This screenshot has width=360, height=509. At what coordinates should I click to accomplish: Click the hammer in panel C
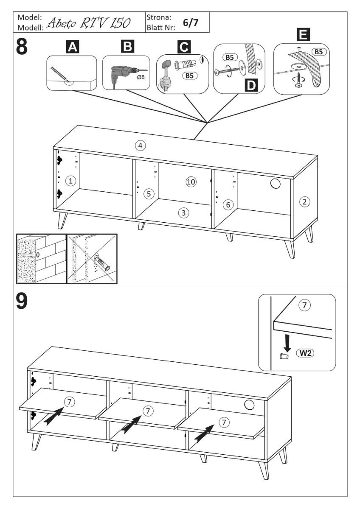click(165, 72)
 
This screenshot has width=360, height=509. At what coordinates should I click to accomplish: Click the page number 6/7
click(190, 23)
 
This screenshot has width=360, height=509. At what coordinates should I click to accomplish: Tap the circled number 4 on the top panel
click(140, 146)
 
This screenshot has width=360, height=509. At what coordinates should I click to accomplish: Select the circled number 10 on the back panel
click(191, 182)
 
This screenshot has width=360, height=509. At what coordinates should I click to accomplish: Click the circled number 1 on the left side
click(71, 182)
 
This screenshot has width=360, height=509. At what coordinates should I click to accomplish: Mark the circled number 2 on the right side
click(304, 202)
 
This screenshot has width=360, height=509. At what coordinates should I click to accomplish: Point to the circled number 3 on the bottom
click(183, 213)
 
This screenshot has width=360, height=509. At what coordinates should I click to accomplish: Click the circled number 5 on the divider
click(148, 194)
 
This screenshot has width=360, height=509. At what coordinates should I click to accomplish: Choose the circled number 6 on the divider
click(228, 205)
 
